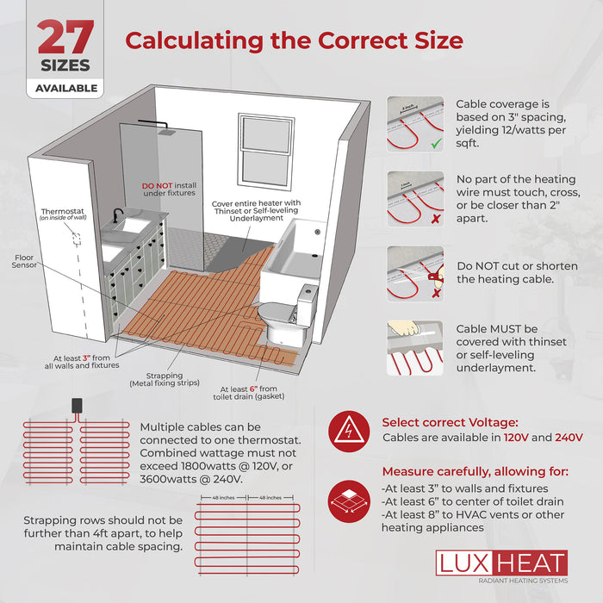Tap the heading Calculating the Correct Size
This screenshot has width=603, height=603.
point(295,40)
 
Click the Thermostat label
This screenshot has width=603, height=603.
point(64,210)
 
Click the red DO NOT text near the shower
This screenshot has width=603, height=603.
point(159,184)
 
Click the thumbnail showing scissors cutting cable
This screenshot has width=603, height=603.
point(415,275)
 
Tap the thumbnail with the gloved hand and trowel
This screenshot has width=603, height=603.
point(415,350)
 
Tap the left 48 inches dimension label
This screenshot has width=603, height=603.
point(223,497)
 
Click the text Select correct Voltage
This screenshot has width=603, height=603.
point(450,422)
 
